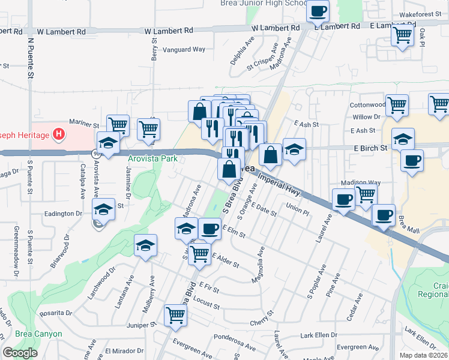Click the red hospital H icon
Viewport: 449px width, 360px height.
tap(58, 133)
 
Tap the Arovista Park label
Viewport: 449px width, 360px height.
tap(152, 159)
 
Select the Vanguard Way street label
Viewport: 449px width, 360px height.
tap(180, 50)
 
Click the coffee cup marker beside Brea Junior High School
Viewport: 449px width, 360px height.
tap(318, 11)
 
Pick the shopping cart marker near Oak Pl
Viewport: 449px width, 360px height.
tap(402, 35)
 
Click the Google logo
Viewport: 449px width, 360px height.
tap(20, 353)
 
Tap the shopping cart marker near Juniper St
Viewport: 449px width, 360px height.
tap(175, 315)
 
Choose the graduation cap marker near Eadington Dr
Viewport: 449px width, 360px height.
tap(103, 209)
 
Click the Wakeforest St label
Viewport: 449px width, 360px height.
tap(420, 14)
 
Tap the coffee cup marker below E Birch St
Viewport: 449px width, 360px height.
tap(412, 161)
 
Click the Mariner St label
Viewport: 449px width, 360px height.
tap(84, 125)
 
